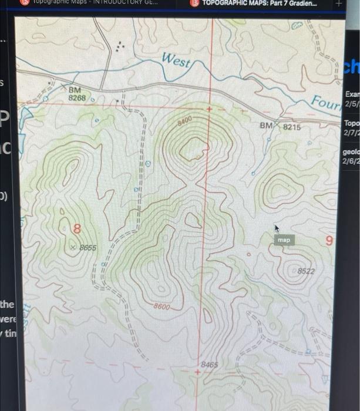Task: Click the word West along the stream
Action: click(x=176, y=60)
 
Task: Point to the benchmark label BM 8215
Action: click(x=280, y=126)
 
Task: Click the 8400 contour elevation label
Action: click(x=186, y=122)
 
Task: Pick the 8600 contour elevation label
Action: click(x=162, y=306)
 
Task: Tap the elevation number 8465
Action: click(x=210, y=365)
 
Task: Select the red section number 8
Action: click(x=76, y=229)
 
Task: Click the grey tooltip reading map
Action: click(x=284, y=240)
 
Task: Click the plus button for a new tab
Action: click(x=338, y=4)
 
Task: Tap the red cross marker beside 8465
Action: click(x=198, y=373)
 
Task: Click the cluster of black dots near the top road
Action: click(x=120, y=47)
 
